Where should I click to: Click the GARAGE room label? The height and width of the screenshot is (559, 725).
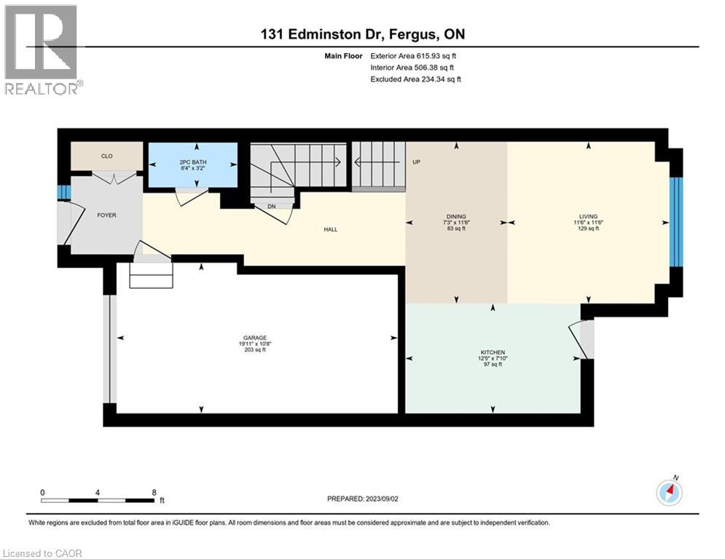click(x=255, y=338)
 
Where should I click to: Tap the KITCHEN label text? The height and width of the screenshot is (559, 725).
click(x=493, y=352)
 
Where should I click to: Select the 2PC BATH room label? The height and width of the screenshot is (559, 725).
click(x=193, y=162)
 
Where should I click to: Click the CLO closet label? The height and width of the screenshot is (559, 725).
click(x=107, y=156)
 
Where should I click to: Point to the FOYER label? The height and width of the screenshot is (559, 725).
click(x=106, y=215)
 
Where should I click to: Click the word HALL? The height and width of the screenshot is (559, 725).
click(x=331, y=229)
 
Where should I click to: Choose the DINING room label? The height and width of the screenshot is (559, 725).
click(x=456, y=216)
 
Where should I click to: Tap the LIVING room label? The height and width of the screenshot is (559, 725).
click(x=588, y=216)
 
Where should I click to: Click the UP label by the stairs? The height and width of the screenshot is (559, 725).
click(x=416, y=162)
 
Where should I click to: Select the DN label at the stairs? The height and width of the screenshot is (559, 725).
click(x=272, y=207)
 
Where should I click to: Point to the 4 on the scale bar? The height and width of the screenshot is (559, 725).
click(x=97, y=493)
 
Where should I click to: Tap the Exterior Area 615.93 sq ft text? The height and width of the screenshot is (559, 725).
click(x=413, y=56)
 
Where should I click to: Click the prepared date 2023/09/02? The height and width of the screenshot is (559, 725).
click(x=382, y=499)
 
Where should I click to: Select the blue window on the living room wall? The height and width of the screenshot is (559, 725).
click(x=676, y=222)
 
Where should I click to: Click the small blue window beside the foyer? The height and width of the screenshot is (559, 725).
click(x=64, y=192)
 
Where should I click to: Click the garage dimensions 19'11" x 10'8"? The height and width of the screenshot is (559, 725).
click(x=255, y=344)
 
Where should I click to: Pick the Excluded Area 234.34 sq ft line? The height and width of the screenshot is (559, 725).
click(x=415, y=79)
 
